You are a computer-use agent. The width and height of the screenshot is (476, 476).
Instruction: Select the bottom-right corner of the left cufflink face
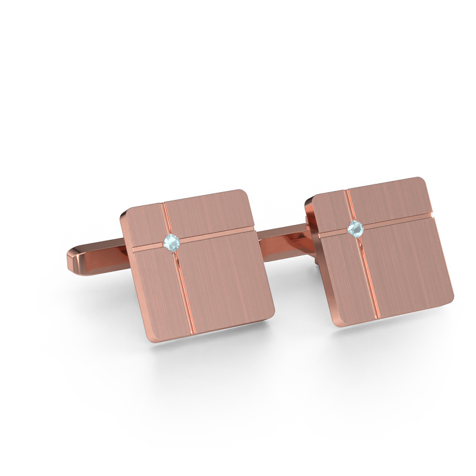(271, 312)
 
